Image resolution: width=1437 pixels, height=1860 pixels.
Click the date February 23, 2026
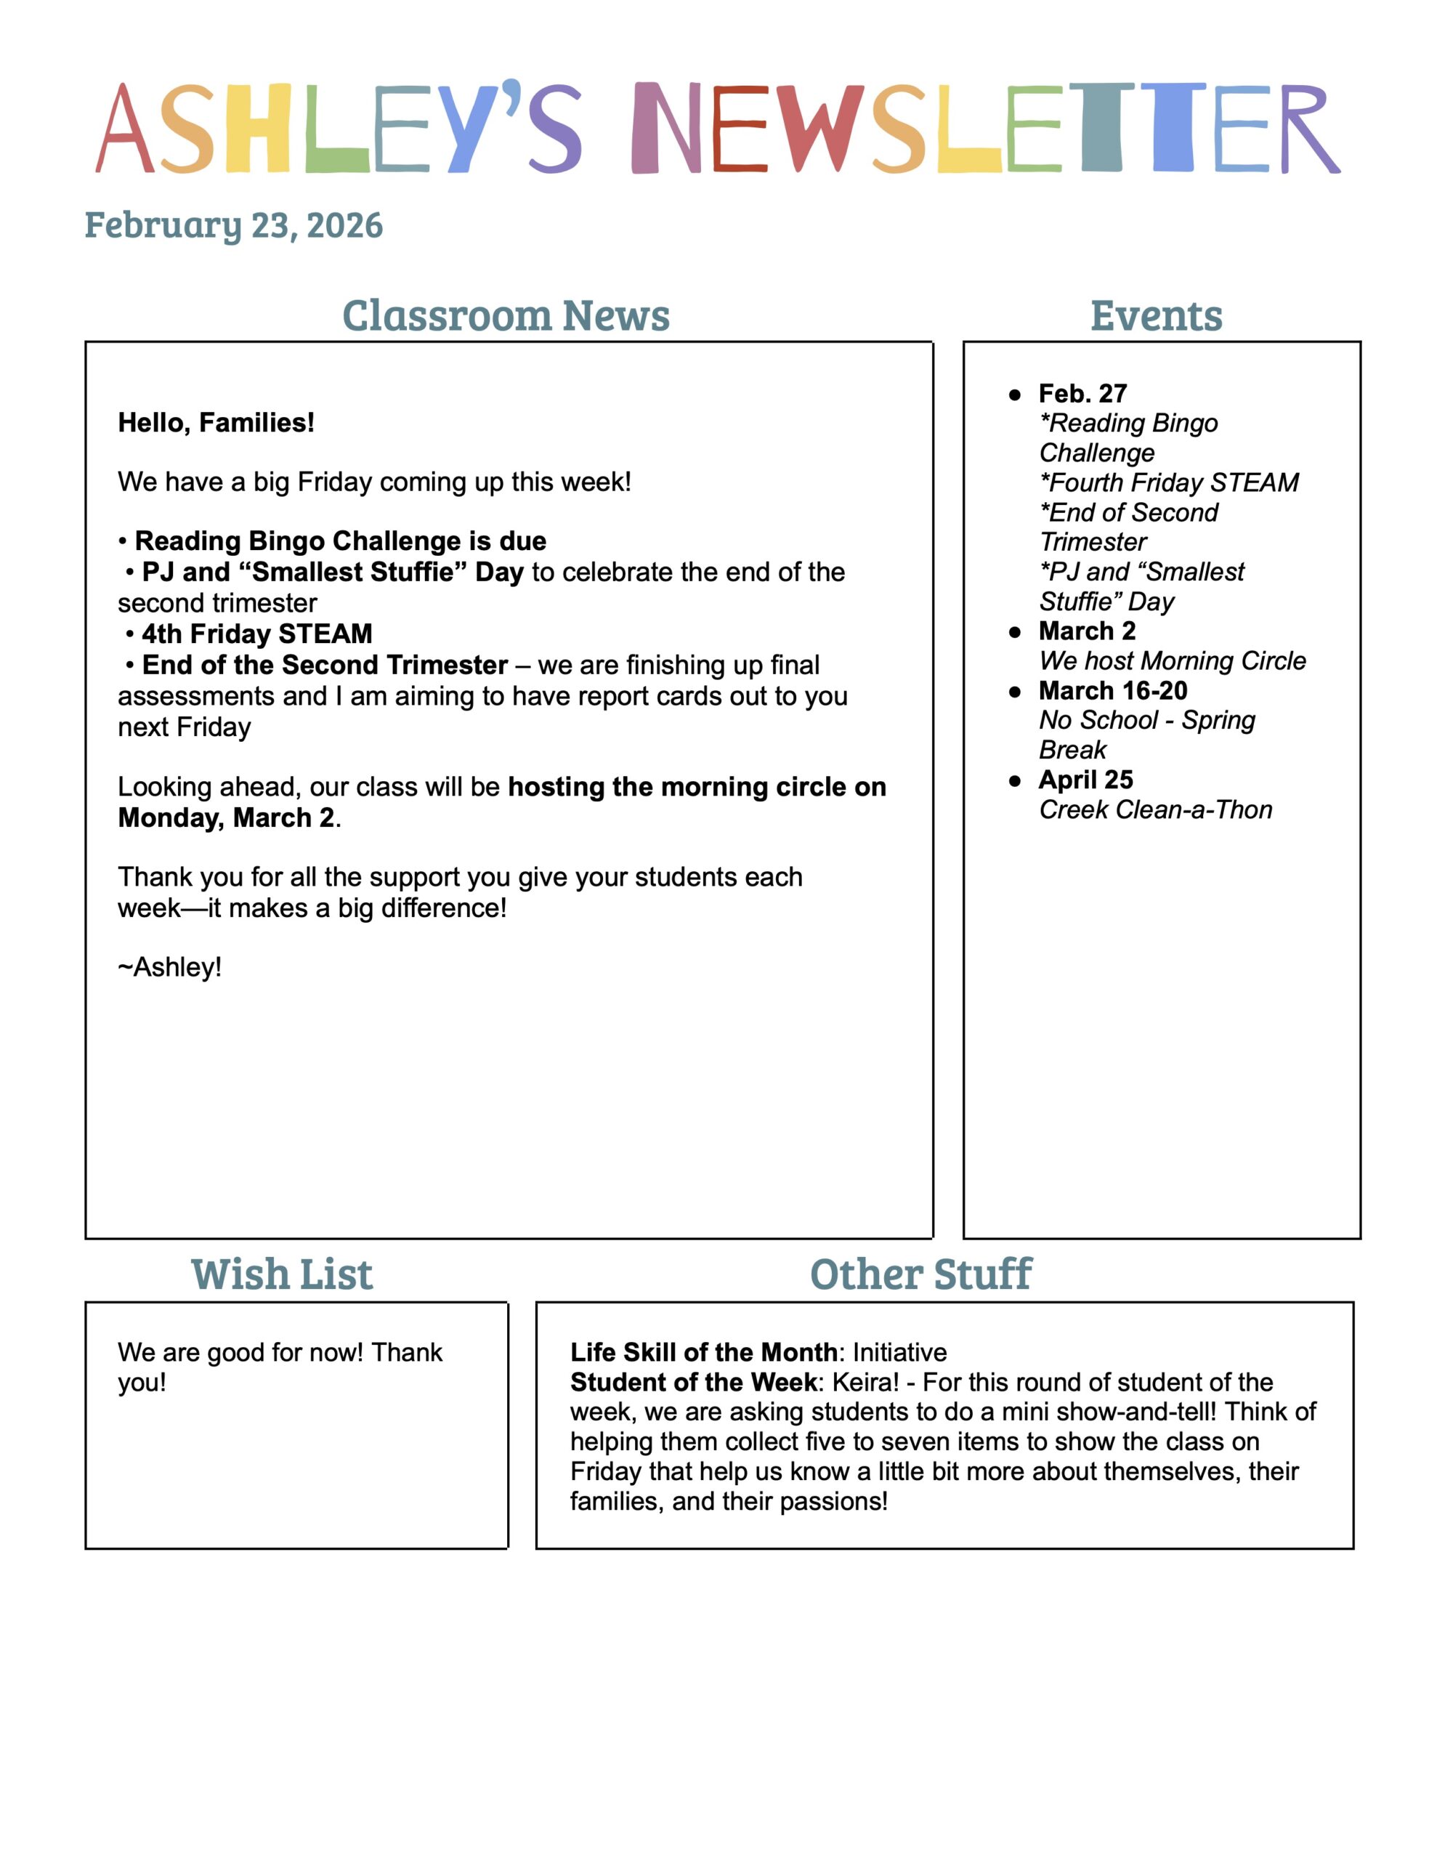(233, 226)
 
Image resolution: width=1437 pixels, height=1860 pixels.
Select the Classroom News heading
(506, 316)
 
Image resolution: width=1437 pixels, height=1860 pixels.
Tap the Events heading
(1156, 316)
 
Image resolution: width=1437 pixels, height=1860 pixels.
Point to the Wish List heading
(282, 1275)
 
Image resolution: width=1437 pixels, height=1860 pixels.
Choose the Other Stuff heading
(920, 1275)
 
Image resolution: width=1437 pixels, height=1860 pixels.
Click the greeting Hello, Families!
(216, 422)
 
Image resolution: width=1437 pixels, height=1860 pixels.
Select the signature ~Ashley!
(169, 968)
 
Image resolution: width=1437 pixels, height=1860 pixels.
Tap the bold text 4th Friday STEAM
(256, 634)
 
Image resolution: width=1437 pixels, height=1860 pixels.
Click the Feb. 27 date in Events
(1082, 394)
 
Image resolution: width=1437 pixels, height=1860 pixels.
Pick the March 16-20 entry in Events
(1112, 691)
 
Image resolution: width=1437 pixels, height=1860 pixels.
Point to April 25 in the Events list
(1086, 780)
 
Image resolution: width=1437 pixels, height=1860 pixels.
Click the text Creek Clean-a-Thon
(1155, 810)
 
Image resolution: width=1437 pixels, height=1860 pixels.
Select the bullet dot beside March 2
(1014, 632)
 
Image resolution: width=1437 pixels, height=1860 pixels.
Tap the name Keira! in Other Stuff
(865, 1382)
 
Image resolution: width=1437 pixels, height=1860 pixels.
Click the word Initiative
(899, 1352)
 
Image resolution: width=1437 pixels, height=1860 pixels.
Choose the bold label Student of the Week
(693, 1382)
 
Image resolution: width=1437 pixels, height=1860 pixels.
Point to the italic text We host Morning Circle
(1172, 661)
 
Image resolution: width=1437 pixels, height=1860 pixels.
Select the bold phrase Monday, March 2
(226, 817)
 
